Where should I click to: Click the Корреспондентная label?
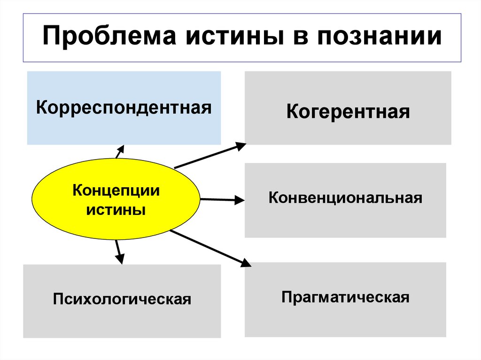124,108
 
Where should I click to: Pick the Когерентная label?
348,112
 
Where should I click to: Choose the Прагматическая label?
345,297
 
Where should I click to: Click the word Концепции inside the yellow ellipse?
116,191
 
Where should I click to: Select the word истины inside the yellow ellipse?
116,209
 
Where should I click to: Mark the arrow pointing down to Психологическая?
119,251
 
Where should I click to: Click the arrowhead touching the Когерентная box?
240,146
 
